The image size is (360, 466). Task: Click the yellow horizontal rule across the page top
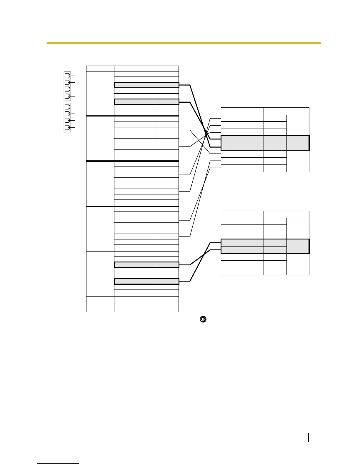184,43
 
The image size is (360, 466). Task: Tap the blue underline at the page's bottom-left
58,464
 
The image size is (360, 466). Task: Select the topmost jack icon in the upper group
67,75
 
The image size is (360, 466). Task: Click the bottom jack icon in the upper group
67,96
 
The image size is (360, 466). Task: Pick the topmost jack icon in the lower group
67,106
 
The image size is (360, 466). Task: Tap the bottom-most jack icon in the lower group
67,128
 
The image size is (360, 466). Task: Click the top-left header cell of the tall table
100,69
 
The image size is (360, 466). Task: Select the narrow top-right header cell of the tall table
168,69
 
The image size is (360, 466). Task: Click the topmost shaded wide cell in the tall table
135,85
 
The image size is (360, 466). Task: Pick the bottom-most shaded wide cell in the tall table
135,282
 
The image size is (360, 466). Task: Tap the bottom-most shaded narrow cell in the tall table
168,282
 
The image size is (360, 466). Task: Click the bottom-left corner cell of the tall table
100,304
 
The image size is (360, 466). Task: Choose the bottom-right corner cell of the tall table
168,304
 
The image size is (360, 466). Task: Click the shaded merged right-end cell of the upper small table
298,143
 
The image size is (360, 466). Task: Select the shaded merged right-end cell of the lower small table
298,246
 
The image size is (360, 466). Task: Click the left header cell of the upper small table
242,111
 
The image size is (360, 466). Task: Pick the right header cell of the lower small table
286,214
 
